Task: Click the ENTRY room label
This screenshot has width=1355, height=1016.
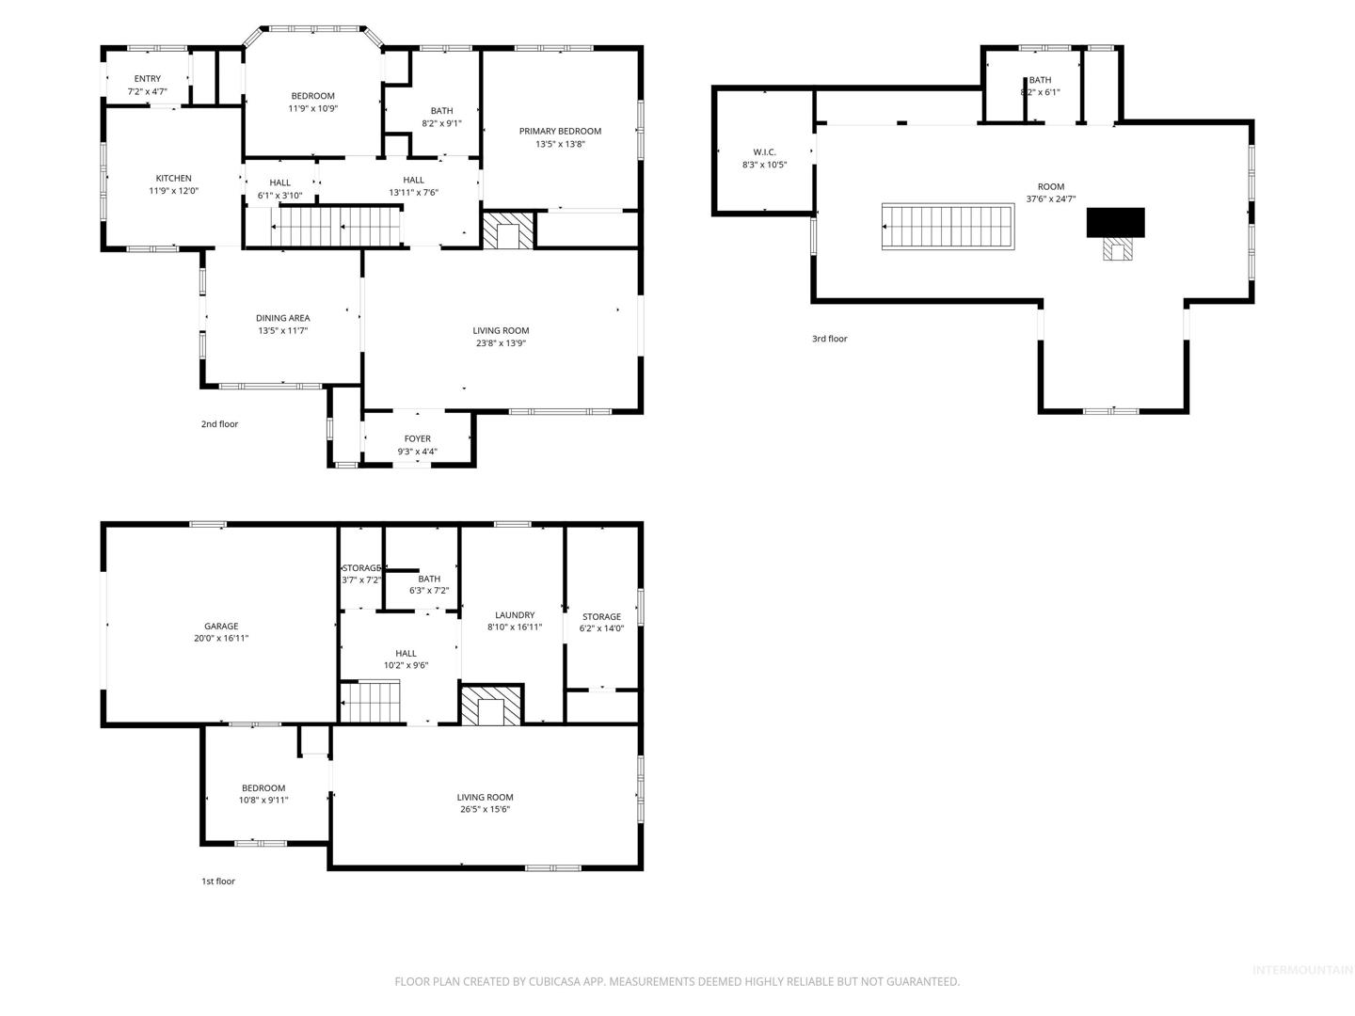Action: pos(148,78)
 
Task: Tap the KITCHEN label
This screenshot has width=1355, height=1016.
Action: pos(173,179)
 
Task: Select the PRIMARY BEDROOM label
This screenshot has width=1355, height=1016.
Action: pos(560,132)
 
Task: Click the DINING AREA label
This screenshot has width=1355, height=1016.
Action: pos(282,318)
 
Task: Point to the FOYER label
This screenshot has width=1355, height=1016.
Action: pos(417,438)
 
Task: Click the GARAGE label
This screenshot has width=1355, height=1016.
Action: pos(221,626)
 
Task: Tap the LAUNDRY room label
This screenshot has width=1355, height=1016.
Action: pos(515,615)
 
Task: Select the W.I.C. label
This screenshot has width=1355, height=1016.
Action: pos(764,151)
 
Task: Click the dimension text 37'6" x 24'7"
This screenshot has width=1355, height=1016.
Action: pos(1051,198)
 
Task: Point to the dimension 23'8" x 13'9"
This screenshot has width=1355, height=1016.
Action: pos(501,343)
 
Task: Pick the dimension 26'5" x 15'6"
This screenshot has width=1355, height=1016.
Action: pos(486,809)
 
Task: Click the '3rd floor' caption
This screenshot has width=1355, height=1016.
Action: pos(829,339)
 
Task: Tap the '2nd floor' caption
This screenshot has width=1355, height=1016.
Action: pos(219,423)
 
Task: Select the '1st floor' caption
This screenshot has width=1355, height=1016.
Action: pos(218,881)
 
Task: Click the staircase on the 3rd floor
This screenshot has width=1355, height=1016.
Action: pos(948,227)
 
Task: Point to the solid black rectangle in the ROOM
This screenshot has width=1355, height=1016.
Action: pos(1115,222)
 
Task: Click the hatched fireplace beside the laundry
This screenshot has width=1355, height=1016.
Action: pos(491,704)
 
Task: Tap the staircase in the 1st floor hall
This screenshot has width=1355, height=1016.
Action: pos(370,702)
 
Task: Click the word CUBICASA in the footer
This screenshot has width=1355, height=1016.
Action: pos(554,981)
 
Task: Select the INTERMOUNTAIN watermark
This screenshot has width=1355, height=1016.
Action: pos(1302,970)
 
